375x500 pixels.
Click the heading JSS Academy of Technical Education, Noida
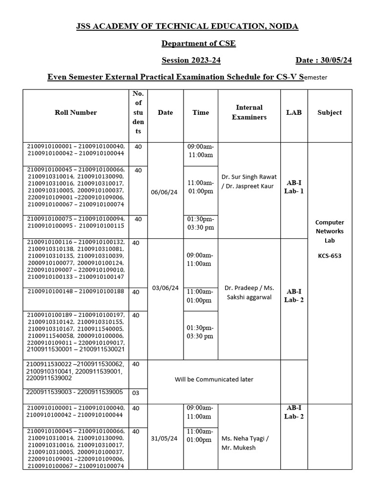coord(187,26)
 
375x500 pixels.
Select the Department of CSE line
coord(198,43)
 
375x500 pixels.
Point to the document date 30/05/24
coord(324,61)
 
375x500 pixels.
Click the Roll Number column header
coord(76,112)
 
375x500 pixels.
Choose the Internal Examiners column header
coord(249,112)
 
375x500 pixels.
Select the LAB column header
coord(294,112)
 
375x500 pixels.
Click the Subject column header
coord(330,112)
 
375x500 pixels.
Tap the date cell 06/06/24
coord(165,192)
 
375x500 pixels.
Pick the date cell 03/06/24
coord(165,288)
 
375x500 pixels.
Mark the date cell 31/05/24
coord(165,438)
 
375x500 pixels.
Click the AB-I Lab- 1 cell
coord(294,187)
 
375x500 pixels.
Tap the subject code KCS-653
coord(330,255)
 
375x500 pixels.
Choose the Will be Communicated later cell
coord(214,379)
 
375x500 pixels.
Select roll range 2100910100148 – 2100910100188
coord(76,292)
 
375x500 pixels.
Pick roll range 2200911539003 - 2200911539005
coord(76,392)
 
